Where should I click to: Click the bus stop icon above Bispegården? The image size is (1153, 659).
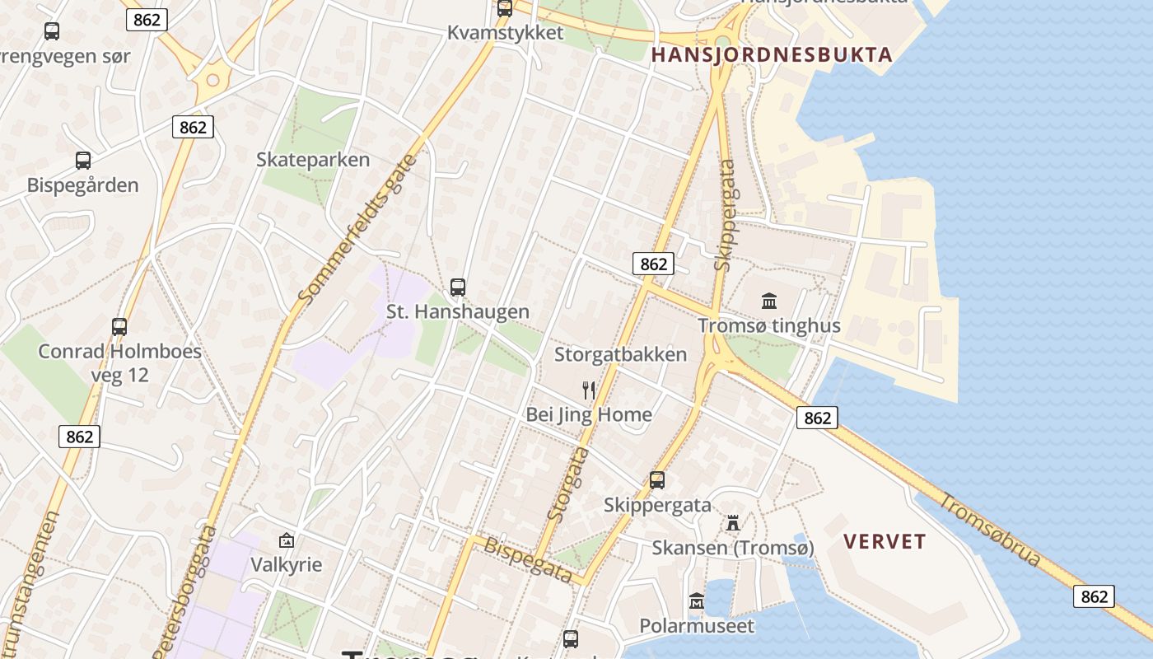pos(83,161)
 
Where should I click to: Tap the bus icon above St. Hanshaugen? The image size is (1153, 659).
pos(458,287)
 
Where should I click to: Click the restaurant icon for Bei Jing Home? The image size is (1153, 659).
pos(588,390)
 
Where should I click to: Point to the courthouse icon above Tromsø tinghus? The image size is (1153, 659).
pos(769,301)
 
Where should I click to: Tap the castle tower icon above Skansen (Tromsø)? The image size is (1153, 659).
pos(733,523)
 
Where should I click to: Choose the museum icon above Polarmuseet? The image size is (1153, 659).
pos(697,601)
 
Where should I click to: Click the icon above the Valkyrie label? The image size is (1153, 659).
pos(287,541)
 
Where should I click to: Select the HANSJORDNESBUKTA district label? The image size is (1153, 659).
pos(772,55)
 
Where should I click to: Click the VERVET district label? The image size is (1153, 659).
pos(885,542)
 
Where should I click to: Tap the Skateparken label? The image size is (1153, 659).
pos(313,160)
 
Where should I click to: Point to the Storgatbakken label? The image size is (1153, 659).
pos(620,355)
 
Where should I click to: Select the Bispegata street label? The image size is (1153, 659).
pos(528,559)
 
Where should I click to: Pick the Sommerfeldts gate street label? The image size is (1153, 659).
pos(357,228)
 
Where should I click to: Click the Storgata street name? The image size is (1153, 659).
pos(569,484)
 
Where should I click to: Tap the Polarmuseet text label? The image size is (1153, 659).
pos(697,626)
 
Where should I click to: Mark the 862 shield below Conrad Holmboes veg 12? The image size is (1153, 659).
pos(79,437)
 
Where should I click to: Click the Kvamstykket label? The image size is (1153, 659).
pos(505,33)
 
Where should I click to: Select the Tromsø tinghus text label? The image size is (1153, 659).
pos(769,325)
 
